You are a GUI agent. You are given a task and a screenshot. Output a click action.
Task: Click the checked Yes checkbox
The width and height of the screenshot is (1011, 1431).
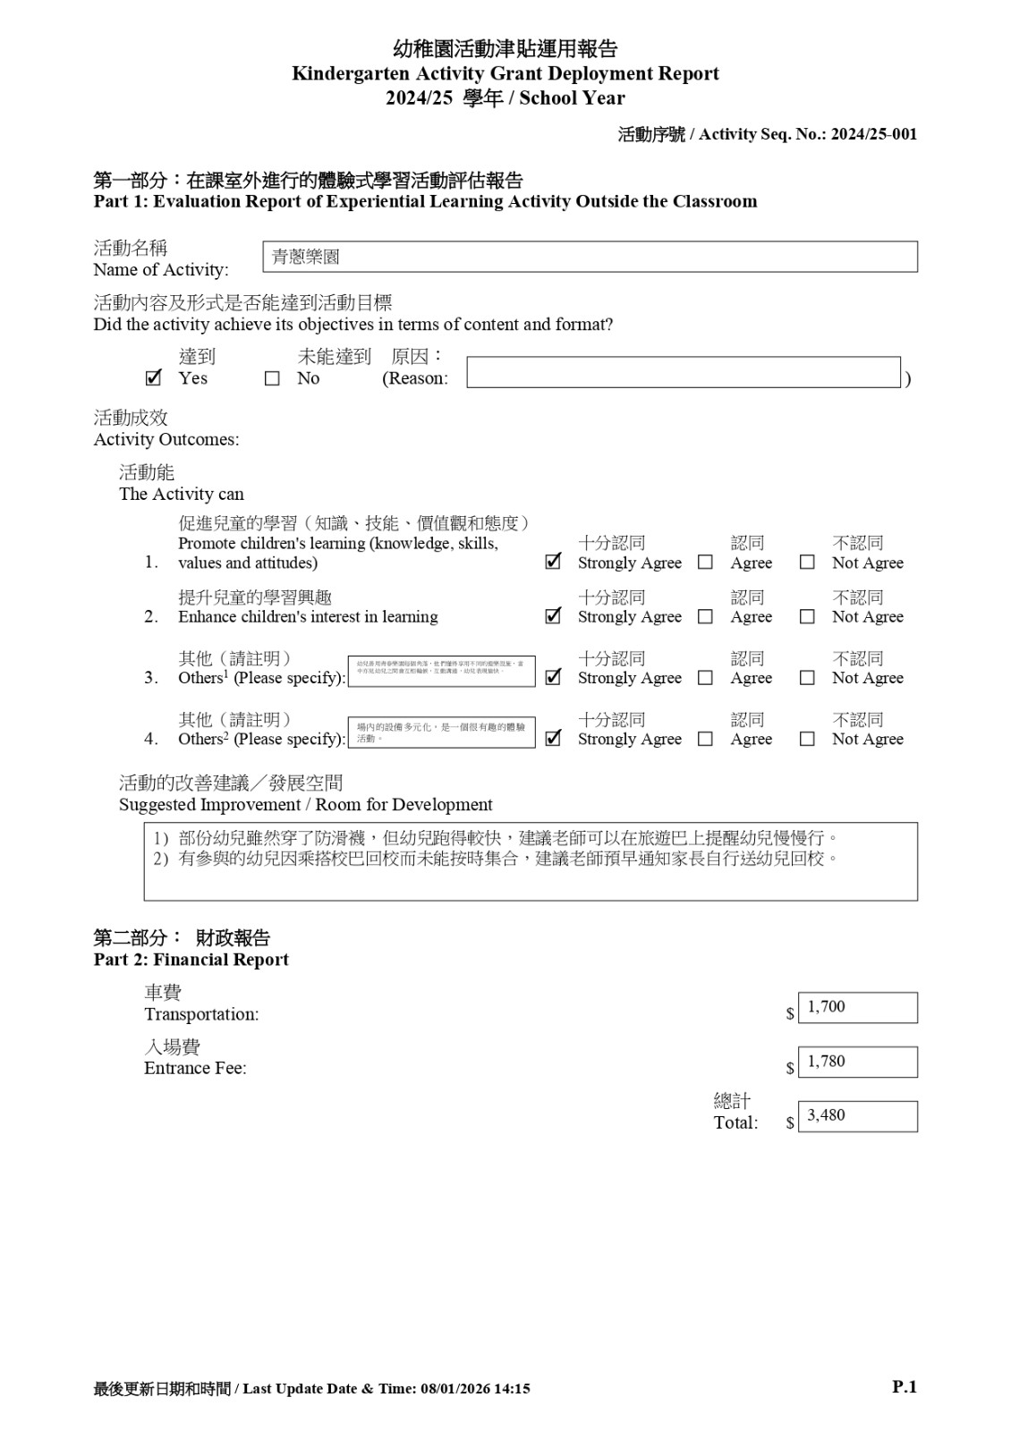(x=153, y=378)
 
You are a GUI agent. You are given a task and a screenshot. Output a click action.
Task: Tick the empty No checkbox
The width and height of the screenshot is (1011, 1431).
(x=272, y=379)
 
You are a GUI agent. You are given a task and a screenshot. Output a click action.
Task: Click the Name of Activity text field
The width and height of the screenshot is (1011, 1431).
(x=590, y=257)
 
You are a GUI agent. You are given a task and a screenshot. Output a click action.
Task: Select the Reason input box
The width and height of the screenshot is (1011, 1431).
(x=683, y=373)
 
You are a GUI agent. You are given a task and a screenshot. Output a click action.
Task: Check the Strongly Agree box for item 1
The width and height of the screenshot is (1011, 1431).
(x=553, y=563)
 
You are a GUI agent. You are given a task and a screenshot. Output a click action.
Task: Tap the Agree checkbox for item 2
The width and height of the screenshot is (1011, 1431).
(x=705, y=617)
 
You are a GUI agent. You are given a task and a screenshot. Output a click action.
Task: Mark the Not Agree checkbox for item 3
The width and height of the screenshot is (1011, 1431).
(x=807, y=678)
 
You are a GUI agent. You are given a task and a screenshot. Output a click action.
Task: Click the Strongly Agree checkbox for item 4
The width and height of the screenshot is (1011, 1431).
(x=553, y=739)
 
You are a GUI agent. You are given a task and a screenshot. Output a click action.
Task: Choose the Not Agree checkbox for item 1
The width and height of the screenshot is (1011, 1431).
(x=807, y=563)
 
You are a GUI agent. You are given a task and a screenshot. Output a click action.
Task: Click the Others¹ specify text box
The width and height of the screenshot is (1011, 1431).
(x=441, y=672)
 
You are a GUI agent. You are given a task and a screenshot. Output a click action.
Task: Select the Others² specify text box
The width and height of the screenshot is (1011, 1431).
(x=441, y=732)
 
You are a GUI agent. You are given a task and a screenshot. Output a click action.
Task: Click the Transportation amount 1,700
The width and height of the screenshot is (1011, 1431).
(x=856, y=1008)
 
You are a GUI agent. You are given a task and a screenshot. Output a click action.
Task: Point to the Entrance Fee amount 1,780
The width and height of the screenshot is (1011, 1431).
(x=856, y=1063)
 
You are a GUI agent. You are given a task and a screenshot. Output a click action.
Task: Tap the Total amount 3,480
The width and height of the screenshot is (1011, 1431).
(x=856, y=1116)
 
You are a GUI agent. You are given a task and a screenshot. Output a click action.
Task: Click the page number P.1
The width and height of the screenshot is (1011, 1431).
(x=905, y=1387)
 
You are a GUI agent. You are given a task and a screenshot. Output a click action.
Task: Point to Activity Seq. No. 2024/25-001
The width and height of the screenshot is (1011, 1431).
(x=873, y=134)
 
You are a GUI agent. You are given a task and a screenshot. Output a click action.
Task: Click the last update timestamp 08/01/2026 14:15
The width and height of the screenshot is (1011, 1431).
(x=475, y=1389)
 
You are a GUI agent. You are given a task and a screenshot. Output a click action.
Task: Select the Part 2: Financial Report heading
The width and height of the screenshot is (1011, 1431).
(x=191, y=960)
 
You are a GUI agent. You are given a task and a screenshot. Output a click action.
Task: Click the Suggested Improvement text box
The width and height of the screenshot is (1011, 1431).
(x=531, y=861)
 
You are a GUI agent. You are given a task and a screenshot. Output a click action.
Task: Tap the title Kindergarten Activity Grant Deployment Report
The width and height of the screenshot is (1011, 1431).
(x=505, y=73)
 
